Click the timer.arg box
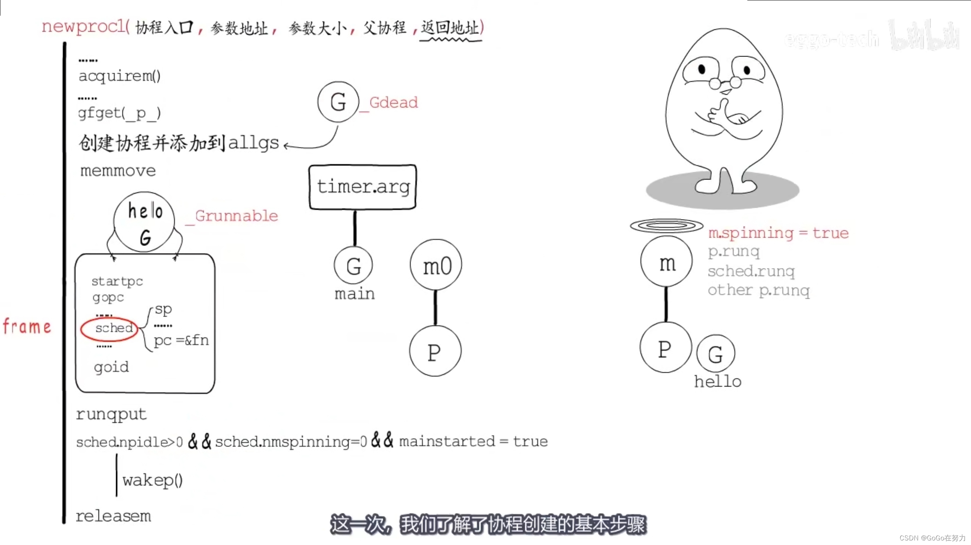363,187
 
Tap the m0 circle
436,265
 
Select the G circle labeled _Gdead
338,102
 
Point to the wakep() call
153,480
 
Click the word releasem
113,516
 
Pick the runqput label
111,414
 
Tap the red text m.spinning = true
778,233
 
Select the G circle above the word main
353,265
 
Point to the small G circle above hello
716,354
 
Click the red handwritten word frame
27,327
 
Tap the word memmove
118,171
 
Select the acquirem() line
119,76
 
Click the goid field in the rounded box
111,367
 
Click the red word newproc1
85,27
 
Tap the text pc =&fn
181,340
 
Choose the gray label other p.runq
758,291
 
